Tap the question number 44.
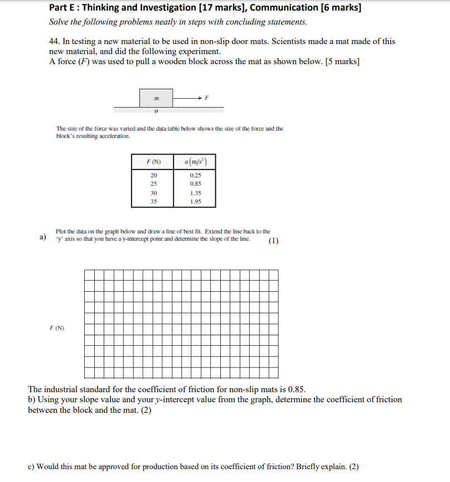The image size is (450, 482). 55,41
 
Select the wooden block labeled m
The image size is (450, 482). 156,98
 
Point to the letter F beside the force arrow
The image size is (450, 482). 207,97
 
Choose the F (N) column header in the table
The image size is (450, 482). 153,162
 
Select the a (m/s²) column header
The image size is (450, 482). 195,162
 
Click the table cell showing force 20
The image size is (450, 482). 153,175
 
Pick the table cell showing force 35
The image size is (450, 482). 153,201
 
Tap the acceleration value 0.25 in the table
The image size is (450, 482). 195,175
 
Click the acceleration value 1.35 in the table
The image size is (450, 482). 195,192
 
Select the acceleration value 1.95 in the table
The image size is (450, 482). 195,201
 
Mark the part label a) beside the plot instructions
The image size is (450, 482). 43,238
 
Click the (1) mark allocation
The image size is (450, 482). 273,241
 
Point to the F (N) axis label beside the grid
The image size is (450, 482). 56,328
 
